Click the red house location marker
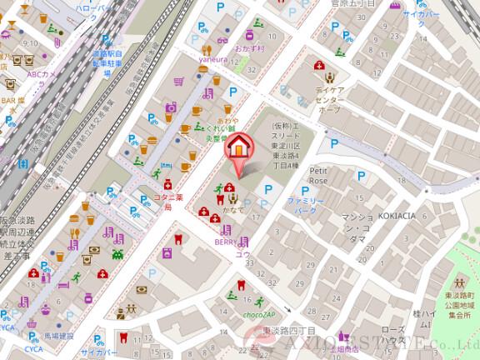(238, 148)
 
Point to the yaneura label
(212, 60)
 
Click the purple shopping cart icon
(178, 82)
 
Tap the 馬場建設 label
(59, 336)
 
